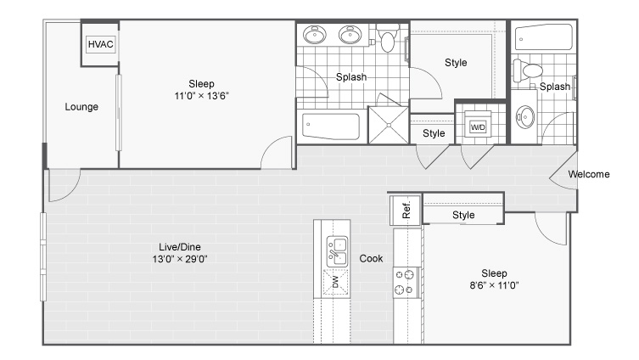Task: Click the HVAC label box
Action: point(101,44)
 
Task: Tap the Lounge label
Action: point(81,107)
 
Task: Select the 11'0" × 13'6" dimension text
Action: point(202,96)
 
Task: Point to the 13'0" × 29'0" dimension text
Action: point(180,259)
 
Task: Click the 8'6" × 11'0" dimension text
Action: point(494,285)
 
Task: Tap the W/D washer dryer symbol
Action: point(478,127)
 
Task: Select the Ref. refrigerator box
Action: point(406,211)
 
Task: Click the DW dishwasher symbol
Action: point(336,282)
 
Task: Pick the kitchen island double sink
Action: point(338,251)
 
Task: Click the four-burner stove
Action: point(406,282)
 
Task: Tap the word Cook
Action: point(371,258)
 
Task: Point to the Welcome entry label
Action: point(589,174)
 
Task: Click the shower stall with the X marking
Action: point(389,125)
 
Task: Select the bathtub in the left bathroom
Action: point(330,126)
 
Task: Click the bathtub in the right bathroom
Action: point(544,37)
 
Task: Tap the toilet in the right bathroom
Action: point(528,70)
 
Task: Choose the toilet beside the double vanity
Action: point(388,37)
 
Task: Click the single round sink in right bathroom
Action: point(525,117)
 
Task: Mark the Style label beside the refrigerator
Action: point(463,215)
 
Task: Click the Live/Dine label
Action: point(180,247)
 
